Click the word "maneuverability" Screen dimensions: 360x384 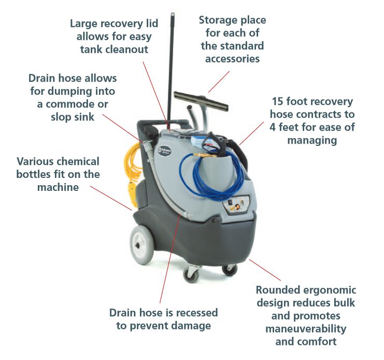[x=306, y=329]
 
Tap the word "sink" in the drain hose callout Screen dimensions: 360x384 [x=83, y=117]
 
